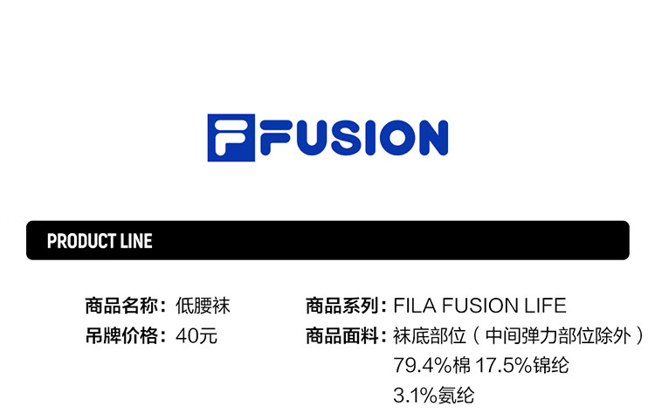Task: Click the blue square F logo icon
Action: [230, 138]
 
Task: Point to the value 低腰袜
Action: [203, 306]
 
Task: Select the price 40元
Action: [196, 334]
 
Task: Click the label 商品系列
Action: [341, 306]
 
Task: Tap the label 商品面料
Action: [341, 334]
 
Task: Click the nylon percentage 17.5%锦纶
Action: [522, 365]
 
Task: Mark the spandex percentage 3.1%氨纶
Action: [434, 395]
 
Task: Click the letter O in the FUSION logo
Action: [394, 138]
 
